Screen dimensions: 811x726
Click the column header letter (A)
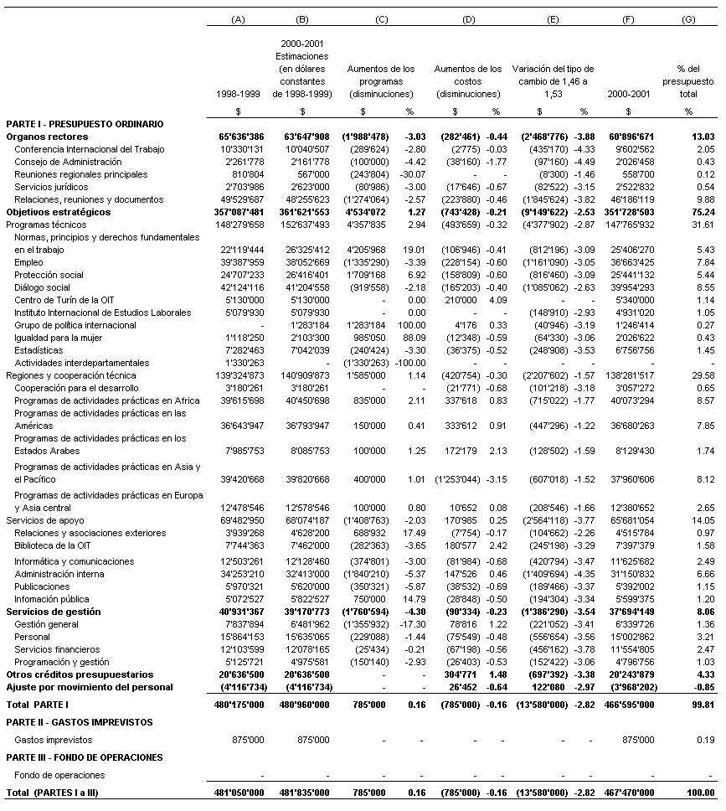(x=238, y=19)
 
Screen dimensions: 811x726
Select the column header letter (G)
(x=688, y=19)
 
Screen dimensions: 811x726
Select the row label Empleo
(x=29, y=262)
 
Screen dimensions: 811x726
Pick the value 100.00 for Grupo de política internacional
(x=409, y=325)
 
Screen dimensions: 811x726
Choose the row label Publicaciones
(x=43, y=587)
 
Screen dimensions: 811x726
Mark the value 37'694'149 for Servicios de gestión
(x=629, y=612)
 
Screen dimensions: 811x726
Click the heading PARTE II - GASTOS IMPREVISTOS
(x=80, y=722)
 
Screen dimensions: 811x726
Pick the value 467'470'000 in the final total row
(x=629, y=793)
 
